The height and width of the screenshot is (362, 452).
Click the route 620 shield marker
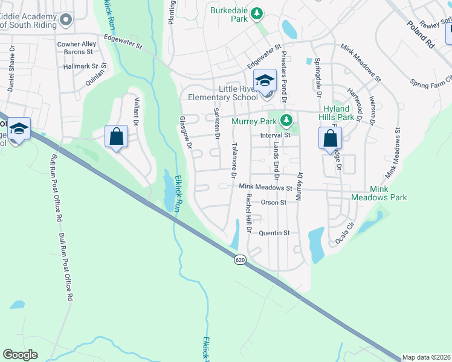coord(240,259)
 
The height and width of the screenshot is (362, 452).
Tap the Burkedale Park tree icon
coord(257,12)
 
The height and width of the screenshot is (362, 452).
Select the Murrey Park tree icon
coord(287,121)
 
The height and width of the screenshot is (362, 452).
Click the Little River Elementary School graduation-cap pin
coord(265,80)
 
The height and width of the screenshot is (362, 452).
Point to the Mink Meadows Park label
coord(379,193)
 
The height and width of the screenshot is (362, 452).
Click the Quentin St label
coord(275,233)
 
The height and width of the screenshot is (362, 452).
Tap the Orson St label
coord(274,203)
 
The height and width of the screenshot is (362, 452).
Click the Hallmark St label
coord(80,66)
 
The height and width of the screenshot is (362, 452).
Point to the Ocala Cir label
coord(346,231)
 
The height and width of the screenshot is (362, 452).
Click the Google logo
coord(20,355)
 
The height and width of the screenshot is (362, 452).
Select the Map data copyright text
coord(427,357)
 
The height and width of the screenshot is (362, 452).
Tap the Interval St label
coord(276,135)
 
